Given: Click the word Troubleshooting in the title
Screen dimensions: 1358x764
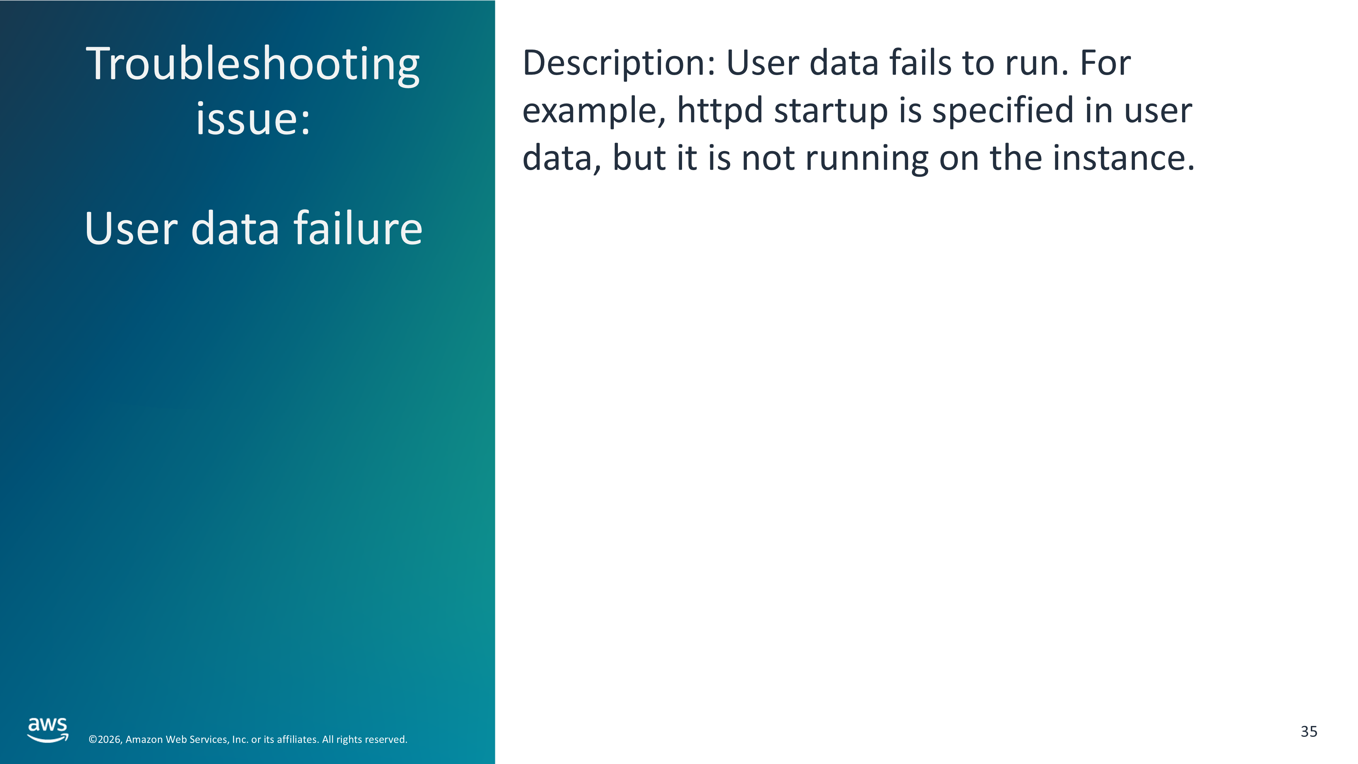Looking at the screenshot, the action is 253,66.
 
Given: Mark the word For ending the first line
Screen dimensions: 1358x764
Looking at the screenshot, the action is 1105,63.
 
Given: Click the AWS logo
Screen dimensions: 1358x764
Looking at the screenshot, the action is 48,730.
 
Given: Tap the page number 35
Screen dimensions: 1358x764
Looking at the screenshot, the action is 1309,731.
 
